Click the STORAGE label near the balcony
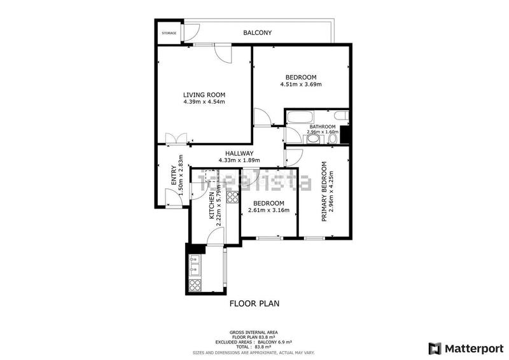pyautogui.click(x=169, y=33)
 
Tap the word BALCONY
pyautogui.click(x=257, y=32)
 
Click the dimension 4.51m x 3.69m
pyautogui.click(x=301, y=84)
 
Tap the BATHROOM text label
pyautogui.click(x=322, y=127)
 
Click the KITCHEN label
pyautogui.click(x=213, y=206)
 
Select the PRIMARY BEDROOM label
pyautogui.click(x=324, y=191)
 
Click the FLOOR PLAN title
pyautogui.click(x=254, y=304)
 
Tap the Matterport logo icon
pyautogui.click(x=435, y=348)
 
